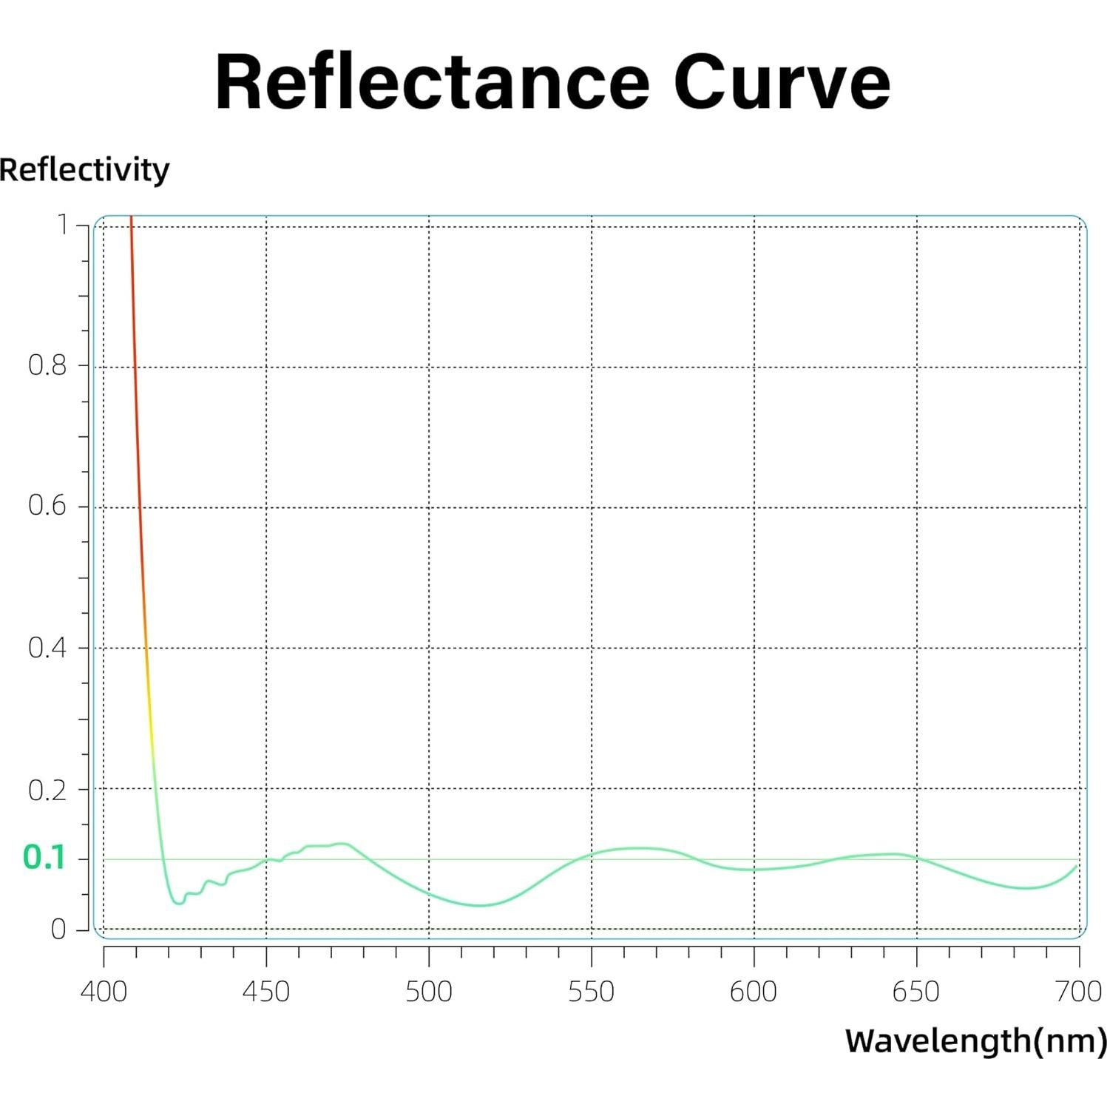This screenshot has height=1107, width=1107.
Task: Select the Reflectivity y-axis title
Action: click(84, 170)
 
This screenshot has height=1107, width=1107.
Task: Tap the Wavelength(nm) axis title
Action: click(975, 1041)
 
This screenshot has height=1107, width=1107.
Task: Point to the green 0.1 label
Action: click(44, 858)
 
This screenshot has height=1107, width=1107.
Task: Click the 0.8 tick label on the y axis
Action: click(47, 365)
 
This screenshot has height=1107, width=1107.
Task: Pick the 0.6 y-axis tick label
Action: click(47, 507)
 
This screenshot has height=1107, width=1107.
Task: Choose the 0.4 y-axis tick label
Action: click(47, 649)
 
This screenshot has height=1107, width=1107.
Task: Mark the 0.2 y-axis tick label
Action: click(47, 791)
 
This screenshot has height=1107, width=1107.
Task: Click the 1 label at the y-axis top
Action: click(63, 224)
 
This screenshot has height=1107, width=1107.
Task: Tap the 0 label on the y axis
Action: click(58, 930)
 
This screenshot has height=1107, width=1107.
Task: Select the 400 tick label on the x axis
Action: click(104, 992)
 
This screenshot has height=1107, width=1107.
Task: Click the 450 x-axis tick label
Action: click(266, 992)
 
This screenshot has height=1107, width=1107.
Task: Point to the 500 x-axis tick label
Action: click(429, 992)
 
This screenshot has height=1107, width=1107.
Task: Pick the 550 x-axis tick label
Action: click(592, 992)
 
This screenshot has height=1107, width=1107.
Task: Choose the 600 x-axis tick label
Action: click(754, 992)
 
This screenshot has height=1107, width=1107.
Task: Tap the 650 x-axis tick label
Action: click(916, 992)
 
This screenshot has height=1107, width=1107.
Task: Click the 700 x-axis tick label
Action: click(1079, 992)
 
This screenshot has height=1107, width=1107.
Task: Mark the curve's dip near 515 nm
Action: click(480, 905)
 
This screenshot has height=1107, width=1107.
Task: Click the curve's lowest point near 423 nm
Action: click(178, 903)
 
